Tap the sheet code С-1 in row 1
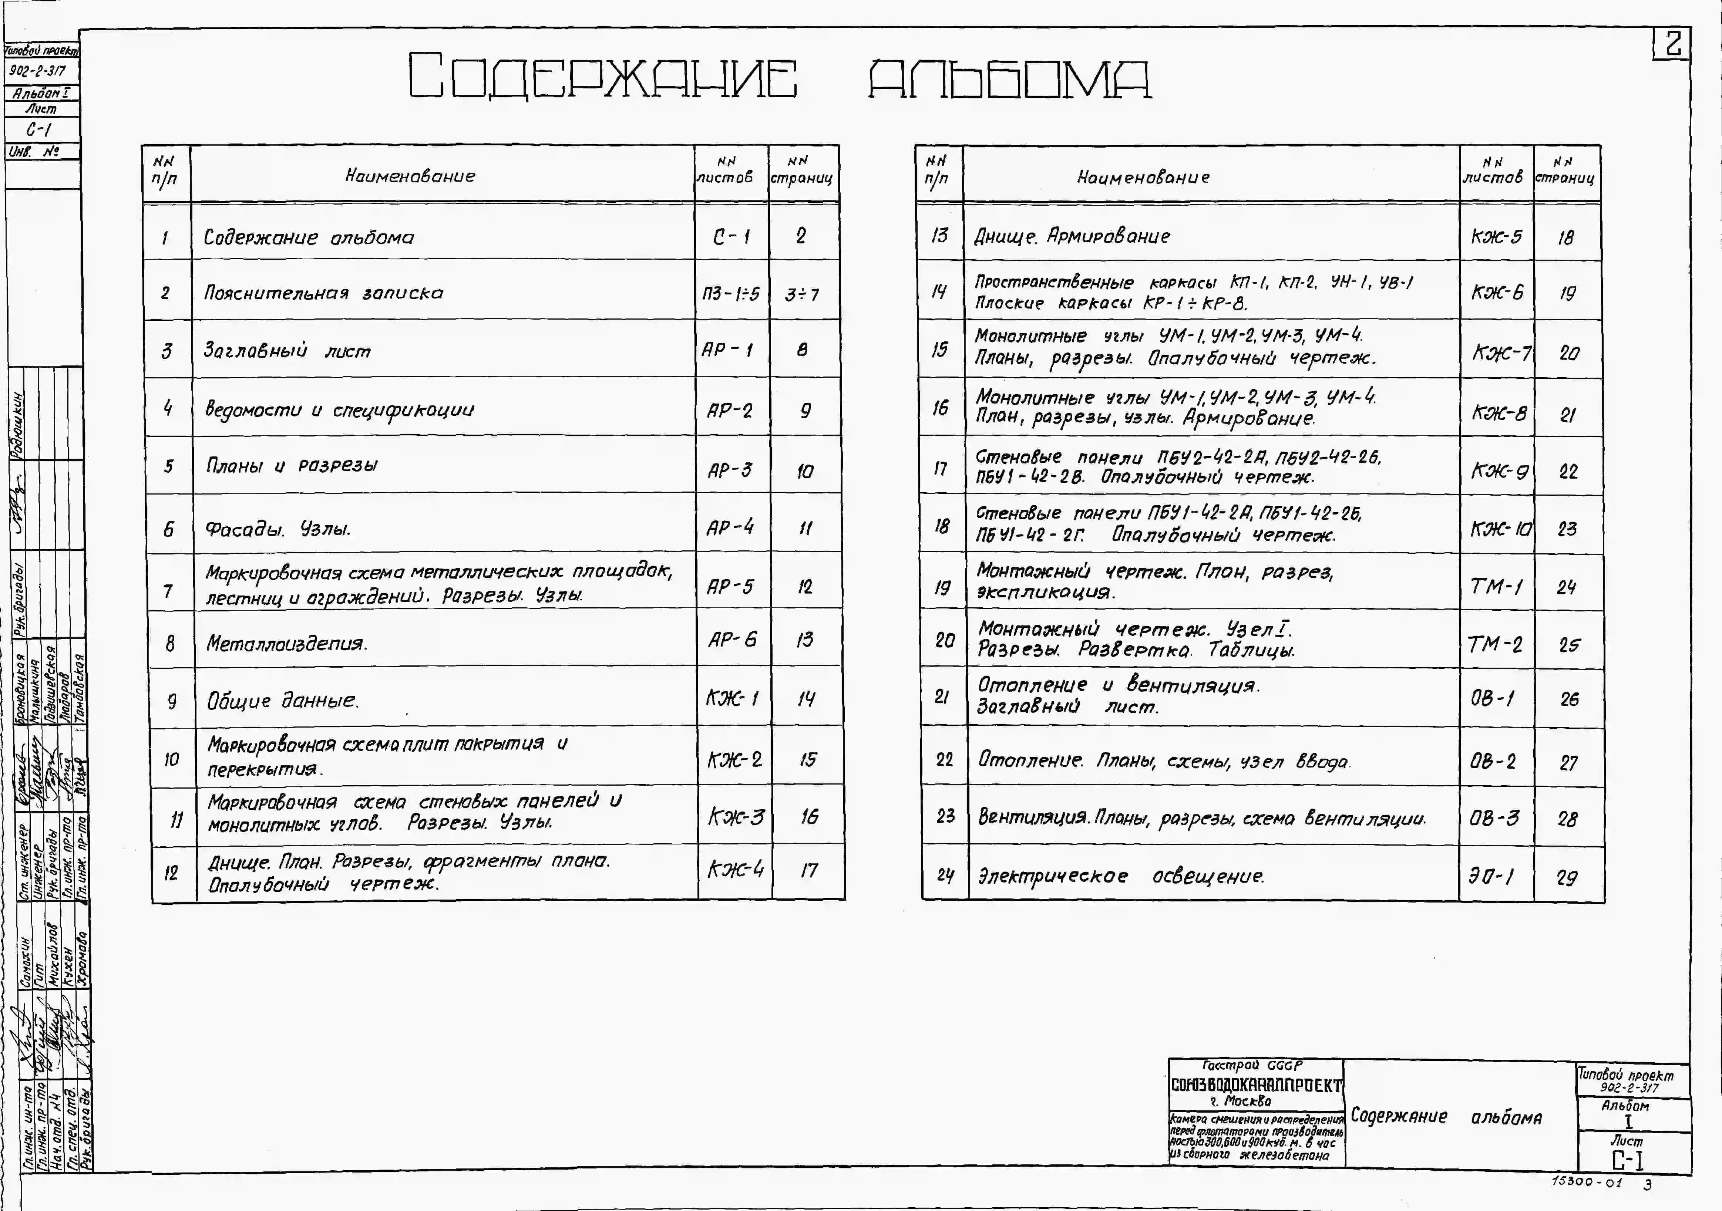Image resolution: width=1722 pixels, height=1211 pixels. coord(731,237)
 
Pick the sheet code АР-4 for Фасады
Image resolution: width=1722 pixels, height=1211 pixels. coord(730,528)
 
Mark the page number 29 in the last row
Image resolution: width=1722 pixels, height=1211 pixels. coord(1567,877)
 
